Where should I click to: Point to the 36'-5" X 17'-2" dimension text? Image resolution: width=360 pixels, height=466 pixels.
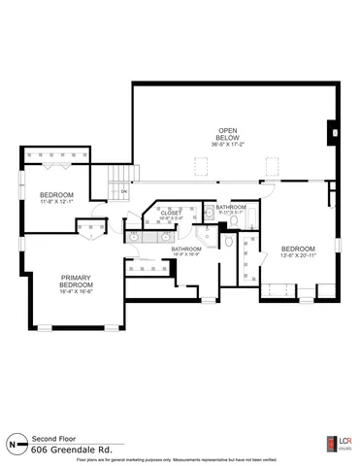(x=228, y=144)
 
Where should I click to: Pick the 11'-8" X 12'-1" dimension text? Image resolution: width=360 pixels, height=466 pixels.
(x=56, y=202)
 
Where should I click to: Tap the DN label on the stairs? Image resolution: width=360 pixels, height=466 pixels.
(x=125, y=191)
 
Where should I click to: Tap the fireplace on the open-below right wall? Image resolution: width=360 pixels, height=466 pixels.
(x=333, y=133)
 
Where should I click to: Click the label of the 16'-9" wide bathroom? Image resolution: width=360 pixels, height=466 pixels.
(x=186, y=250)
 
